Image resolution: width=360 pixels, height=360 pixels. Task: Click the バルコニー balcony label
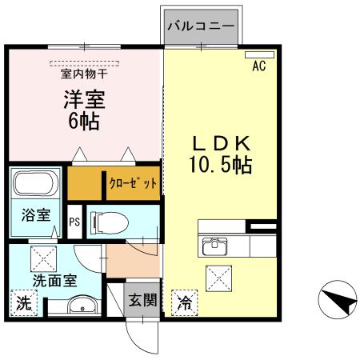(x=201, y=25)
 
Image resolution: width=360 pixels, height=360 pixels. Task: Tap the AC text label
(x=259, y=66)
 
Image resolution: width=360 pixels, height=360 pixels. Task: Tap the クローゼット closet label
(x=134, y=183)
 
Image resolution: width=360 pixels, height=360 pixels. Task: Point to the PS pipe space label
(x=74, y=222)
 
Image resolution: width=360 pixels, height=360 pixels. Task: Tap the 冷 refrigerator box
(x=184, y=303)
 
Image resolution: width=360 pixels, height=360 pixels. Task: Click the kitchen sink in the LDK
(x=217, y=244)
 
